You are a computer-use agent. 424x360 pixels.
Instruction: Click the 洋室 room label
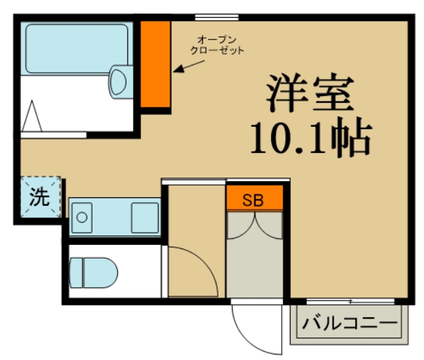point(310,94)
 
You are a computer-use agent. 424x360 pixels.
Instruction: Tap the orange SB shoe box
point(253,200)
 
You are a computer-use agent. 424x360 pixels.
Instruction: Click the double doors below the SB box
point(253,226)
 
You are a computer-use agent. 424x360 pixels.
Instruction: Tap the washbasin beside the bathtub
point(119,81)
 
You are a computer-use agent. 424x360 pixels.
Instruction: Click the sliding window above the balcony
point(349,300)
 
